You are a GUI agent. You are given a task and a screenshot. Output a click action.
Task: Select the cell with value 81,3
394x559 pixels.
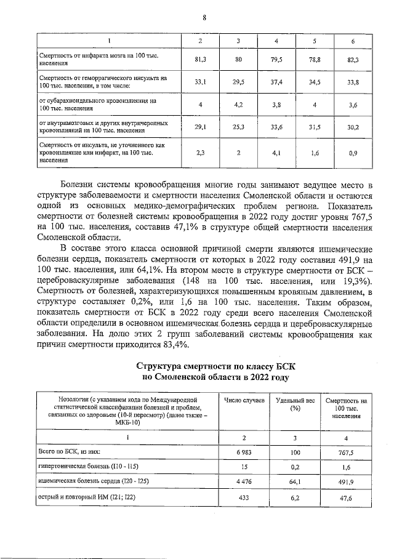(200, 60)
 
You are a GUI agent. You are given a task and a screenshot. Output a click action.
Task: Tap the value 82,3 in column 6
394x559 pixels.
(352, 60)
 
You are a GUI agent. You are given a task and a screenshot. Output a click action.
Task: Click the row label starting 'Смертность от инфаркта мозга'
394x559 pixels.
(99, 60)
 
